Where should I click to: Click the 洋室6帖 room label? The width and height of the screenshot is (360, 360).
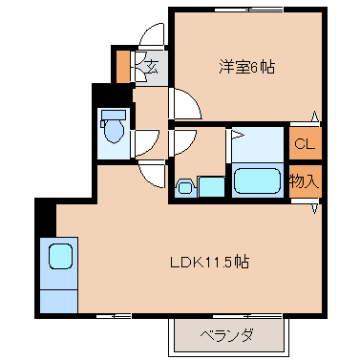[x=246, y=67]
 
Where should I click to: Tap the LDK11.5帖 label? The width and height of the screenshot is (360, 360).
[x=209, y=262]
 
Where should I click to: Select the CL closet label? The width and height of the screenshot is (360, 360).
[x=305, y=144]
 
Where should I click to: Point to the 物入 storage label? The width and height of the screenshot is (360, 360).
[x=304, y=181]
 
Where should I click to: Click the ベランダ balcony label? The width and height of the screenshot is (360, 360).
[x=227, y=335]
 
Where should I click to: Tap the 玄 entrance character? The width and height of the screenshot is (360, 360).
[x=152, y=67]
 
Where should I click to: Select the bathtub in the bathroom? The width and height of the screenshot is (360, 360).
[x=257, y=180]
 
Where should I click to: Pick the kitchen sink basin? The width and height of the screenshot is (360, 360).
[x=60, y=256]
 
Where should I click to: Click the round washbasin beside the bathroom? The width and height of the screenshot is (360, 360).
[x=183, y=187]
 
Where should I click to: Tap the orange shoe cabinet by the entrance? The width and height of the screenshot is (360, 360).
[x=122, y=67]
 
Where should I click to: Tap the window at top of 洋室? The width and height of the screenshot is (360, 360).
[x=249, y=10]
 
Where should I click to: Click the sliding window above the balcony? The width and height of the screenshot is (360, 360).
[x=247, y=316]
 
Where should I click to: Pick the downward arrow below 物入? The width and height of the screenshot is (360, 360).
[x=314, y=209]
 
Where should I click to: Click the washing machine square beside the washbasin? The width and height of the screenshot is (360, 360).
[x=211, y=186]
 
